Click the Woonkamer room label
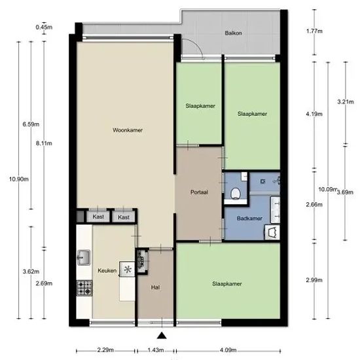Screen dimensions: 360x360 coord(128,130)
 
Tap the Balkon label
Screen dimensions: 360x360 coord(233,33)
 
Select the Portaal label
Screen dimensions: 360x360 coord(199,192)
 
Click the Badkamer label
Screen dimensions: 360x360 coord(249,218)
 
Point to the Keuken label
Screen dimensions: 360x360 coord(107,270)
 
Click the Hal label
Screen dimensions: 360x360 coord(155,287)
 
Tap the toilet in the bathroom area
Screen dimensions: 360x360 coord(236,193)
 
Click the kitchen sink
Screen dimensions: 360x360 coord(84,257)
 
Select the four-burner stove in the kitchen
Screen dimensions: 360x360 coord(84,288)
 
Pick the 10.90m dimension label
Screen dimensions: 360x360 coord(19,179)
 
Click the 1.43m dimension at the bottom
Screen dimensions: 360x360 coord(156,350)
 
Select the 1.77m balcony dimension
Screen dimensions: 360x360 coord(314,31)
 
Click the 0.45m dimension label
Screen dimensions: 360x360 coord(44,27)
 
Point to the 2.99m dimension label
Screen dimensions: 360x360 coord(314,280)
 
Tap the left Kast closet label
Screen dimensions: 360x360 coord(98,217)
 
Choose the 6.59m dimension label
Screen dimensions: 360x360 coord(31,124)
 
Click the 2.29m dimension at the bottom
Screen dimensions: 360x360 coord(105,350)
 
